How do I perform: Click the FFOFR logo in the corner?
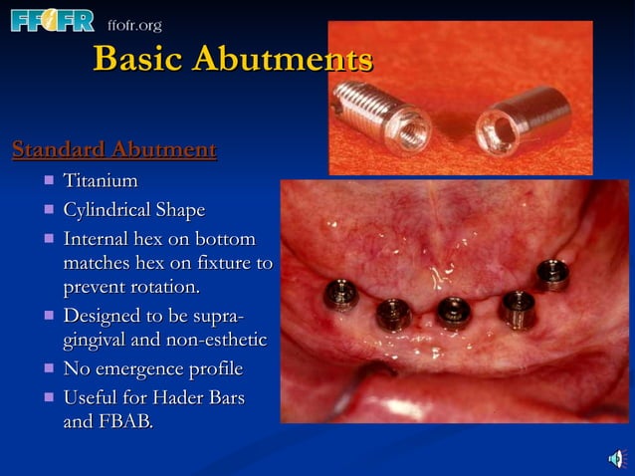[52, 20]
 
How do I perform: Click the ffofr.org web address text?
[133, 25]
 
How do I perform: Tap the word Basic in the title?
[137, 59]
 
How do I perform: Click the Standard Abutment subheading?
[113, 150]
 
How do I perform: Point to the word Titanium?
[101, 181]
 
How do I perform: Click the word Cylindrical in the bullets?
[106, 210]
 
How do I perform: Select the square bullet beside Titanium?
[48, 182]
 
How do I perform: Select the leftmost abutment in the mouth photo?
[340, 295]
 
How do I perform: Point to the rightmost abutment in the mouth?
[551, 274]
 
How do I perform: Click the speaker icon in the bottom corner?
[616, 458]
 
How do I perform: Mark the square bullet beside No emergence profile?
[48, 369]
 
